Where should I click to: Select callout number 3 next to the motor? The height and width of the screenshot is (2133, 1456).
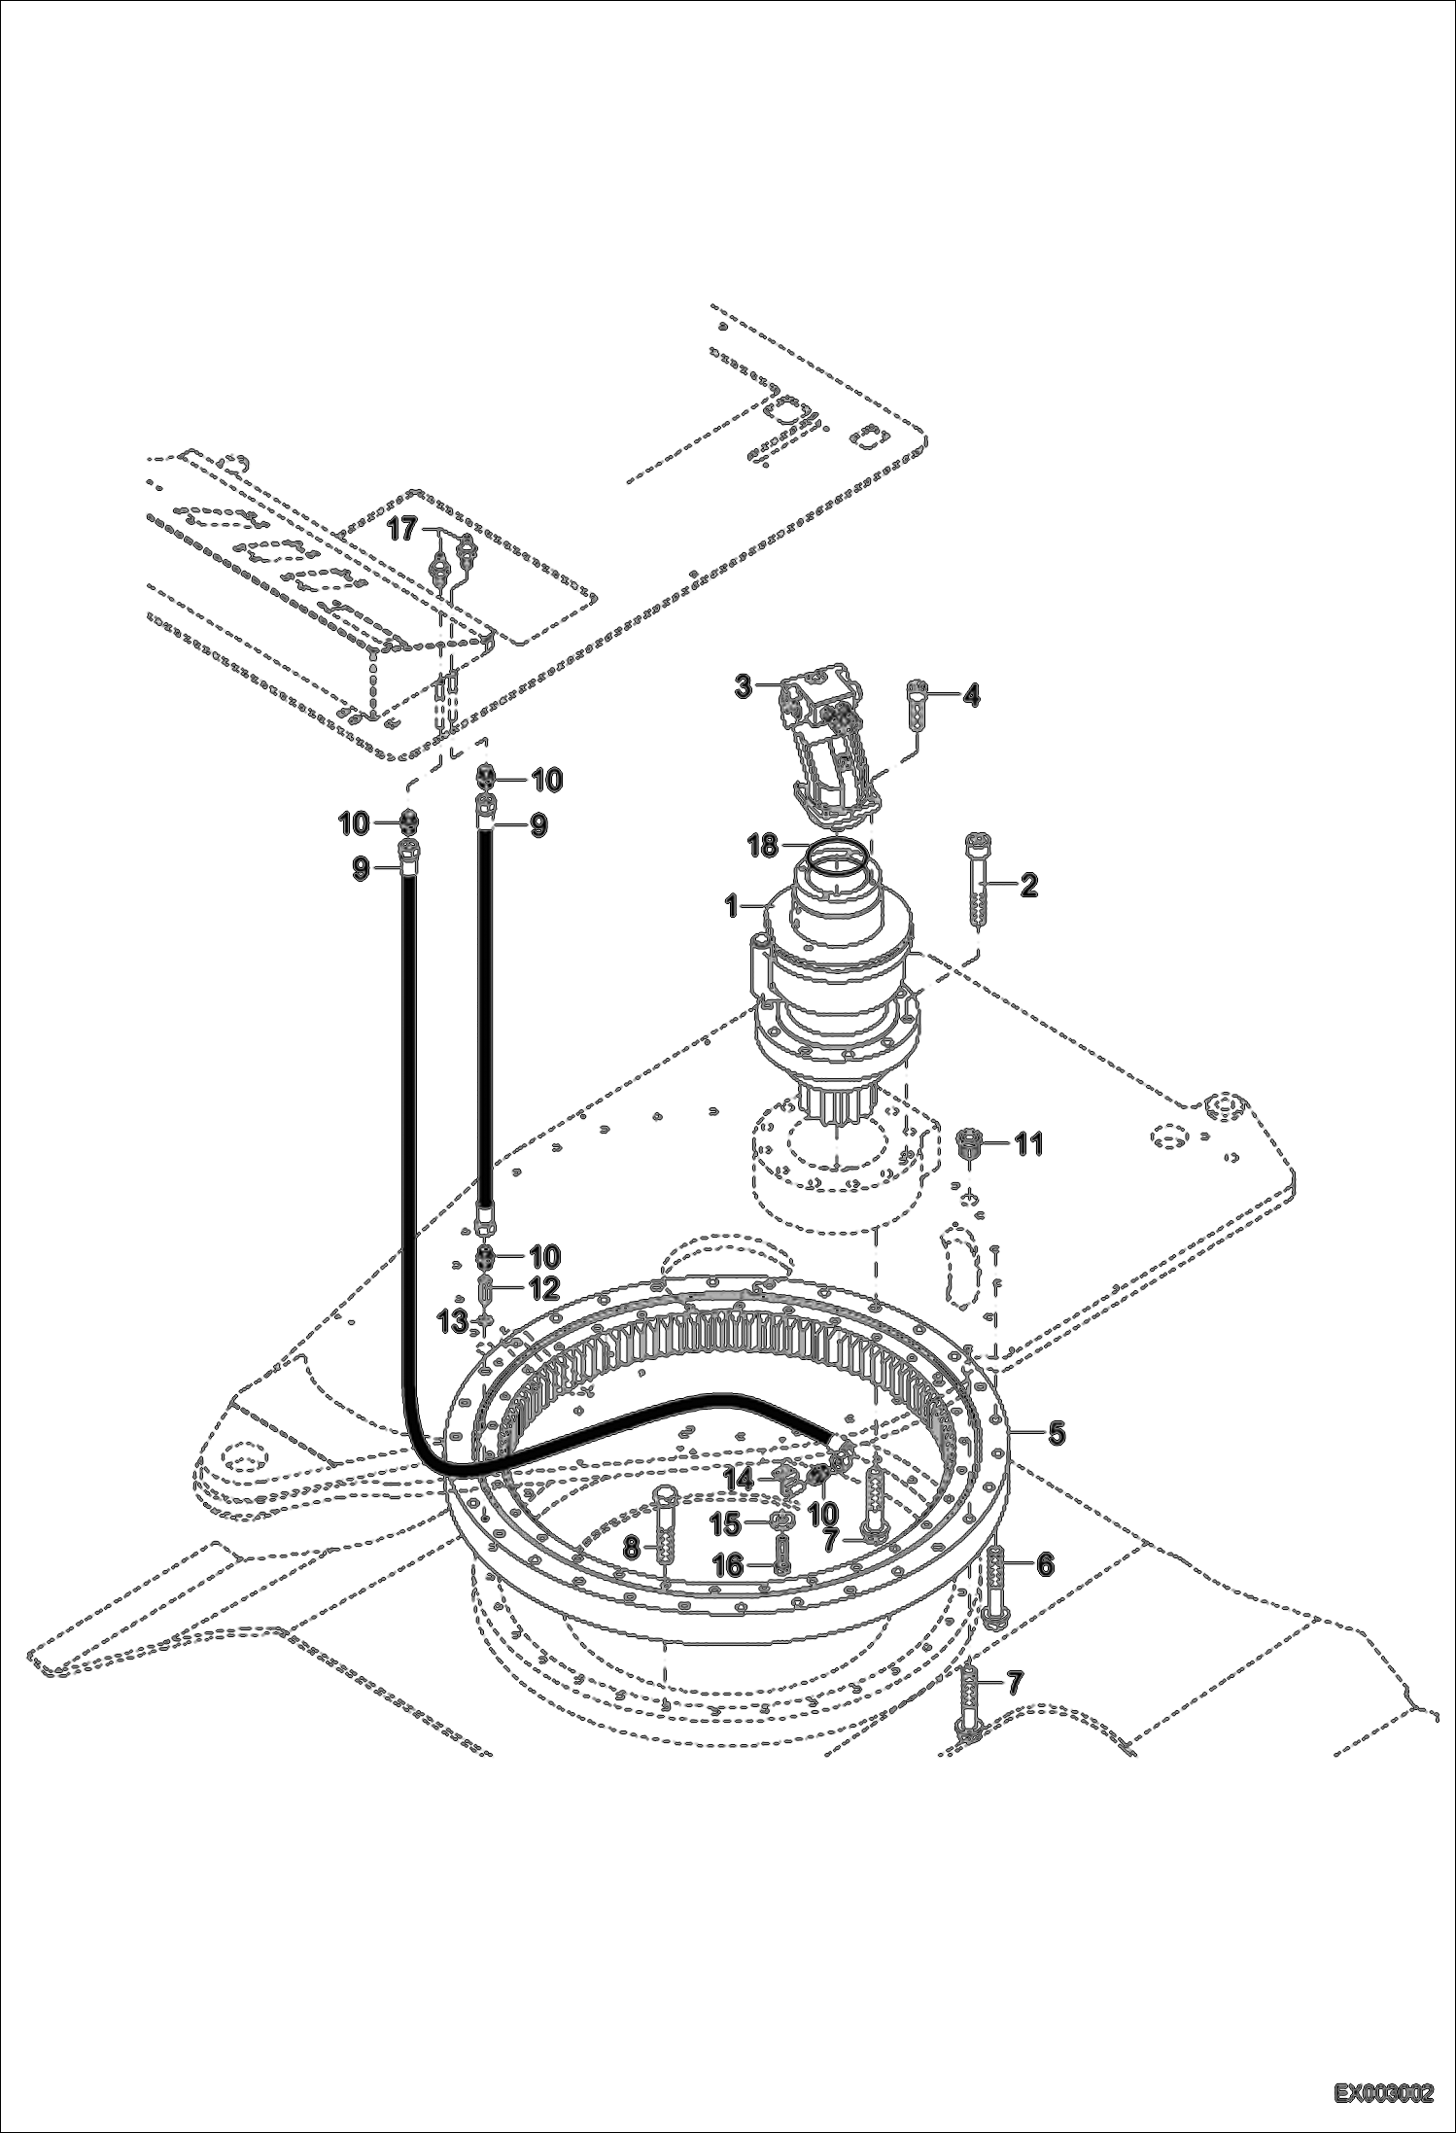743,686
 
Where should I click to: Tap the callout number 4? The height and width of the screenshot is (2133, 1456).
971,696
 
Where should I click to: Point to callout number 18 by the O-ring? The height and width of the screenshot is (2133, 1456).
763,846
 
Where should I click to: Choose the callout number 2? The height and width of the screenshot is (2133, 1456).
1028,885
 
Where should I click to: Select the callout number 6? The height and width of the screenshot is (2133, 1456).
1045,1563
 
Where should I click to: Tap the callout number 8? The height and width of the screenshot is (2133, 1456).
632,1548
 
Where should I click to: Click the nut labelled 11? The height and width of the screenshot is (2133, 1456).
967,1141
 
